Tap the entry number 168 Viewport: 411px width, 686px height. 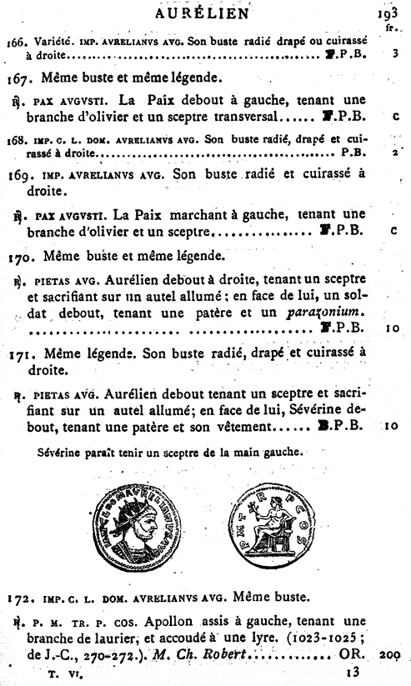(15, 139)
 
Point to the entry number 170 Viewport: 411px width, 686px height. (19, 255)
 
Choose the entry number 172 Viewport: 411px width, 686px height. (18, 597)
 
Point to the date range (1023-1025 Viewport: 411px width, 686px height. (320, 638)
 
